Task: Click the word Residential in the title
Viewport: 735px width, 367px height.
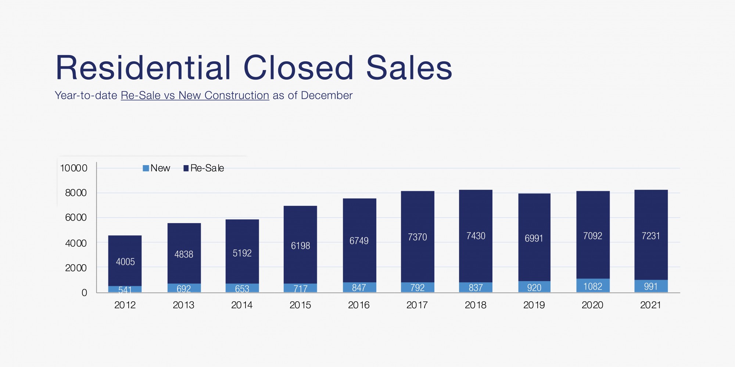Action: click(x=143, y=68)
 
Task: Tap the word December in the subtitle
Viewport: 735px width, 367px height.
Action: click(x=327, y=95)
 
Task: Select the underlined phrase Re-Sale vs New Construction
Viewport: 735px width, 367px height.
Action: click(x=195, y=95)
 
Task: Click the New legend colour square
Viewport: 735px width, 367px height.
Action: click(x=146, y=168)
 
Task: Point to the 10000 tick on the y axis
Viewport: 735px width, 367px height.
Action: click(x=73, y=168)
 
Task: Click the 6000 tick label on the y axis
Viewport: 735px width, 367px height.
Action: click(x=76, y=218)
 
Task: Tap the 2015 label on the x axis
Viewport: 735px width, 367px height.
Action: click(x=300, y=305)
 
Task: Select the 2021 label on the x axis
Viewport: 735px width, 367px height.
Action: click(x=650, y=305)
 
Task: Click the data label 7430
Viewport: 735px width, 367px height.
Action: click(x=476, y=236)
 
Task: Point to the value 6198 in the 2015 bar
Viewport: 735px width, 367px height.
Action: click(x=300, y=246)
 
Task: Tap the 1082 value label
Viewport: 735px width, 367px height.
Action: click(x=593, y=286)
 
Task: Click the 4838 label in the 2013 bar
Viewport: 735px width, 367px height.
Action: click(x=184, y=254)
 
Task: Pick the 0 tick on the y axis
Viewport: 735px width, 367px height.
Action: click(x=84, y=293)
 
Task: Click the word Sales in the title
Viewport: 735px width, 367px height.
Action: click(x=409, y=68)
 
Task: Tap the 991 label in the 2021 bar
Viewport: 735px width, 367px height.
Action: click(x=650, y=286)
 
